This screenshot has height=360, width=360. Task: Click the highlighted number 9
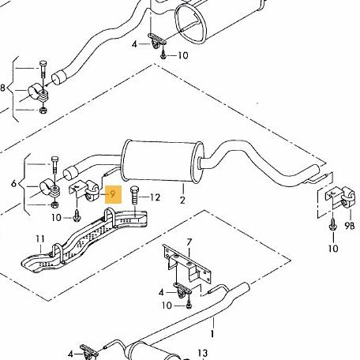point(113,194)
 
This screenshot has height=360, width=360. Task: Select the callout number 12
point(155,197)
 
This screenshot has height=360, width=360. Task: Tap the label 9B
point(350,225)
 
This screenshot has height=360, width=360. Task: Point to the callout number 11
point(40,239)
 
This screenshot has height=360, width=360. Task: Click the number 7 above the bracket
point(189,242)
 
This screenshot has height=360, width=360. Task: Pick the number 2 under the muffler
point(182,200)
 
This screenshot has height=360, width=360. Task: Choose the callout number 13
point(203,353)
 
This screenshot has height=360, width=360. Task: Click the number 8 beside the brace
point(2,88)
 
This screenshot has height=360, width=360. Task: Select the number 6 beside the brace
point(14,183)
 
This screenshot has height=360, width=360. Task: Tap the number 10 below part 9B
point(333,248)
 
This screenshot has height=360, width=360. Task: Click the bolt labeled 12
point(134,195)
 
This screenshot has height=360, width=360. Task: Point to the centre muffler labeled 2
point(163,161)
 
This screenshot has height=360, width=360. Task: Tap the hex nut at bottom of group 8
point(43,110)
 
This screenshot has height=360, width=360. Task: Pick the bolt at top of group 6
point(54,165)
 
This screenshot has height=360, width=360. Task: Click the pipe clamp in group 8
point(39,93)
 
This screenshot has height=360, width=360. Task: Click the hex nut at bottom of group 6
point(54,204)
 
